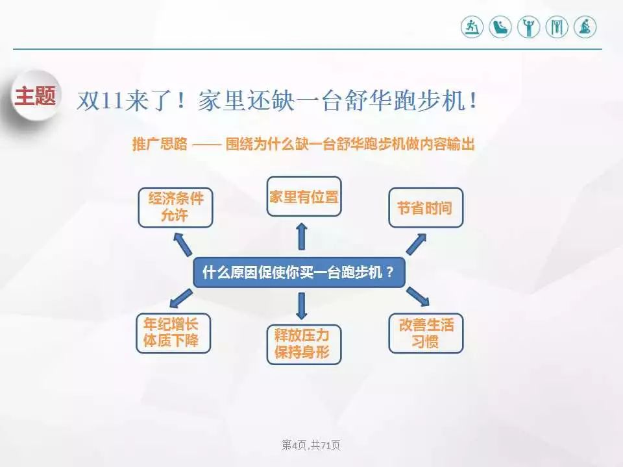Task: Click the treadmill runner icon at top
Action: [x=472, y=27]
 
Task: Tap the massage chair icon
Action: [x=500, y=27]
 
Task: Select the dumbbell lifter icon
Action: [x=529, y=27]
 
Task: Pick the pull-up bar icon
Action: [x=557, y=27]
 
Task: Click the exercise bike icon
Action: [x=585, y=27]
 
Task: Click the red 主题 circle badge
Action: [x=35, y=98]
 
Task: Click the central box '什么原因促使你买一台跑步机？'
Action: [x=299, y=272]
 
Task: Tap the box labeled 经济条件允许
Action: [x=175, y=207]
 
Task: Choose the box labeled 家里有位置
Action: [x=304, y=197]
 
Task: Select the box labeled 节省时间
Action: [x=426, y=208]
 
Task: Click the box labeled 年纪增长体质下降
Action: [x=173, y=333]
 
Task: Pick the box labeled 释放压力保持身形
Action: [x=303, y=344]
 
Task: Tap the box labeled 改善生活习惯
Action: [x=426, y=333]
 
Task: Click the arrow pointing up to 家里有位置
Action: [x=302, y=237]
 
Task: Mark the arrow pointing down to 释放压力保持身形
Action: [x=302, y=305]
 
